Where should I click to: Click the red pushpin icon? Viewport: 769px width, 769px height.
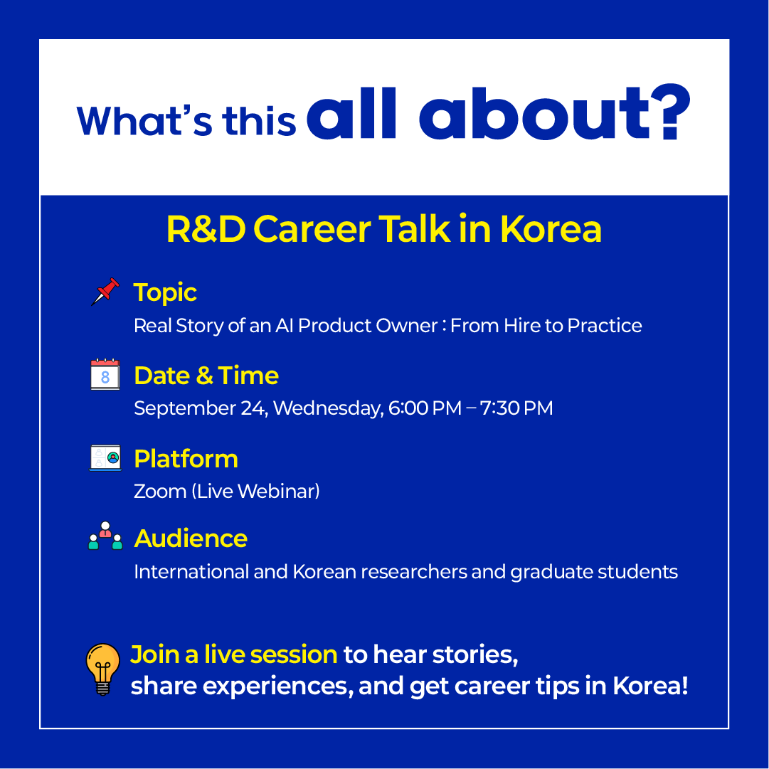105,292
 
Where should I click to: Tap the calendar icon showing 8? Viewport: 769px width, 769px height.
105,374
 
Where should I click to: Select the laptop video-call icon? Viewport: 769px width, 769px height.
105,457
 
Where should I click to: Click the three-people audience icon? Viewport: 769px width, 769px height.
105,536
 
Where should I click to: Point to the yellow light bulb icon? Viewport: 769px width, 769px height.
103,669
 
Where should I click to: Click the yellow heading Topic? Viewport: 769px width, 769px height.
165,293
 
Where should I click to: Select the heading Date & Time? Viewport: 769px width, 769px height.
206,376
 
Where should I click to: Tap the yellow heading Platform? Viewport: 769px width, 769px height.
186,459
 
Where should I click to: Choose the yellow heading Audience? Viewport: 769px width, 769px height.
191,539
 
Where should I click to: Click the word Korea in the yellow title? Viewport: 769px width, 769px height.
551,229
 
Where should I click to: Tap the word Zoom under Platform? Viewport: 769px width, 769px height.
160,492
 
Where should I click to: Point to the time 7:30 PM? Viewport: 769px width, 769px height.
516,408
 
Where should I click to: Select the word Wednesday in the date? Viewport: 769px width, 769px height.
328,408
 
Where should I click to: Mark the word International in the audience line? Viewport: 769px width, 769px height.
191,572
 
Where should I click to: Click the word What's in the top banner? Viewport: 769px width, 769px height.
144,120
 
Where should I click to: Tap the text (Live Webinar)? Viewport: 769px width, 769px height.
255,492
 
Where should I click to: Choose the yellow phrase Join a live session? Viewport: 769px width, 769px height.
234,654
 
